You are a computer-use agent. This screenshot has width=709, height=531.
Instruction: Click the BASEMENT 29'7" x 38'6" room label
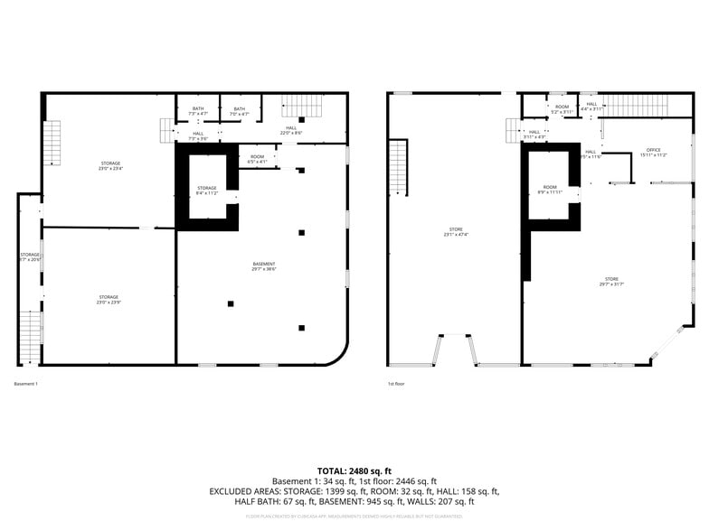pyautogui.click(x=263, y=265)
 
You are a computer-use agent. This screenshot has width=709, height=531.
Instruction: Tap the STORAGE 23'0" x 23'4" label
pyautogui.click(x=110, y=165)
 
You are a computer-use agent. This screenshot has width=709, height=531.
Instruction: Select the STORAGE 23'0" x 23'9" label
pyautogui.click(x=109, y=299)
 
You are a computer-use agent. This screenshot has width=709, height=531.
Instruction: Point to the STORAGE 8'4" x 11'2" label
pyautogui.click(x=207, y=191)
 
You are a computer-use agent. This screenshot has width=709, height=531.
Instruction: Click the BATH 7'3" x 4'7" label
pyautogui.click(x=197, y=111)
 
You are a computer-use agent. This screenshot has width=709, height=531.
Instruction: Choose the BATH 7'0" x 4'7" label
pyautogui.click(x=239, y=111)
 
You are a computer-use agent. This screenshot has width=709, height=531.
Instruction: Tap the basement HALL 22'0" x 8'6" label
pyautogui.click(x=291, y=130)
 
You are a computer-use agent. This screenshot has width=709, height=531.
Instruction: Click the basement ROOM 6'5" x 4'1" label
pyautogui.click(x=258, y=159)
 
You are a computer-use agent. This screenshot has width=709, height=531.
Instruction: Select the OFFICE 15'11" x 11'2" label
pyautogui.click(x=653, y=152)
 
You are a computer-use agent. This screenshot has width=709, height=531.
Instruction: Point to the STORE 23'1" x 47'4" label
pyautogui.click(x=456, y=231)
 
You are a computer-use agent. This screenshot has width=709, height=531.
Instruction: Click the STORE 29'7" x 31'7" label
pyautogui.click(x=611, y=281)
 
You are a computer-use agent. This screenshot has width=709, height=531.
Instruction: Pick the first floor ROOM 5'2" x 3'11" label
pyautogui.click(x=562, y=109)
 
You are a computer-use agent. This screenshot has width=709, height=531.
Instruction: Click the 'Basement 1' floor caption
pyautogui.click(x=26, y=384)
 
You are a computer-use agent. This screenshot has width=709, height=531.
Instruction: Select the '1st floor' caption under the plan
pyautogui.click(x=396, y=384)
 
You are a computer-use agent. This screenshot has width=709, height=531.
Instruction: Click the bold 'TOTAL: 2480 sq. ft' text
pyautogui.click(x=354, y=470)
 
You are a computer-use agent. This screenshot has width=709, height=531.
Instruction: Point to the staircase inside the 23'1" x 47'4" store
pyautogui.click(x=398, y=167)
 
